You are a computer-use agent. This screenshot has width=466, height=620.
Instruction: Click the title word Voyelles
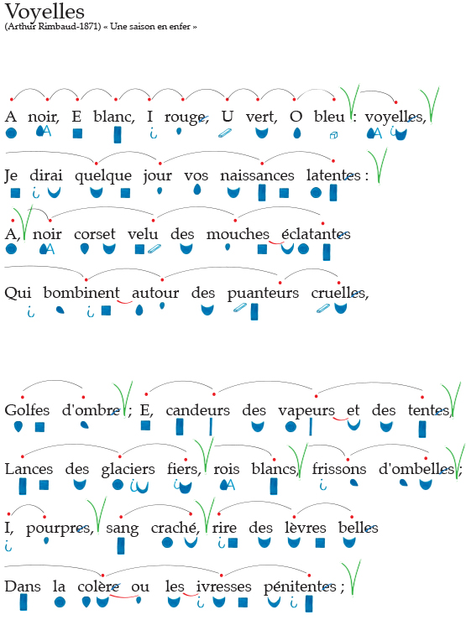[45, 12]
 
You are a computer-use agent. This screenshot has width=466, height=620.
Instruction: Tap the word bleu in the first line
[329, 117]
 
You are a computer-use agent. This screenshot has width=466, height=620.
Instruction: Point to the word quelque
[103, 176]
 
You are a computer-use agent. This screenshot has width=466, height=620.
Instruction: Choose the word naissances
[257, 175]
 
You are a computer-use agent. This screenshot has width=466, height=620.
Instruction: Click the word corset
[95, 234]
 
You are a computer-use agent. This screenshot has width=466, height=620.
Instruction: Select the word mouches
[238, 234]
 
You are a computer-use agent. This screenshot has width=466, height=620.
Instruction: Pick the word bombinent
[81, 293]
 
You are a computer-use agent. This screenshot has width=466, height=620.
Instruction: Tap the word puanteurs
[263, 294]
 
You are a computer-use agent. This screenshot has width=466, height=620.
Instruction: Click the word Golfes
[27, 409]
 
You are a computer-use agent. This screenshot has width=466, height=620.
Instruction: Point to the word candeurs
[198, 410]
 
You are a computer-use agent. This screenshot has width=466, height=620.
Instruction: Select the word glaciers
[128, 469]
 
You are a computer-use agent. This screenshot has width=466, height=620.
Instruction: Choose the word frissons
[339, 468]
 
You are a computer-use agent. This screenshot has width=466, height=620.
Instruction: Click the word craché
[174, 527]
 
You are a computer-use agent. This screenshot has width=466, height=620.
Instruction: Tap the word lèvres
[306, 527]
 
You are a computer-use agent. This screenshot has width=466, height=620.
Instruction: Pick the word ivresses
[223, 586]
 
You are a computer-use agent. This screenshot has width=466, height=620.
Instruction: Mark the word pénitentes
[300, 586]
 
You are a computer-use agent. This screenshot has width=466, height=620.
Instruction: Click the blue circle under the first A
[11, 133]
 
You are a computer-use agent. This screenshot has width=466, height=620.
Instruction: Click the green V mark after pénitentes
[351, 576]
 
